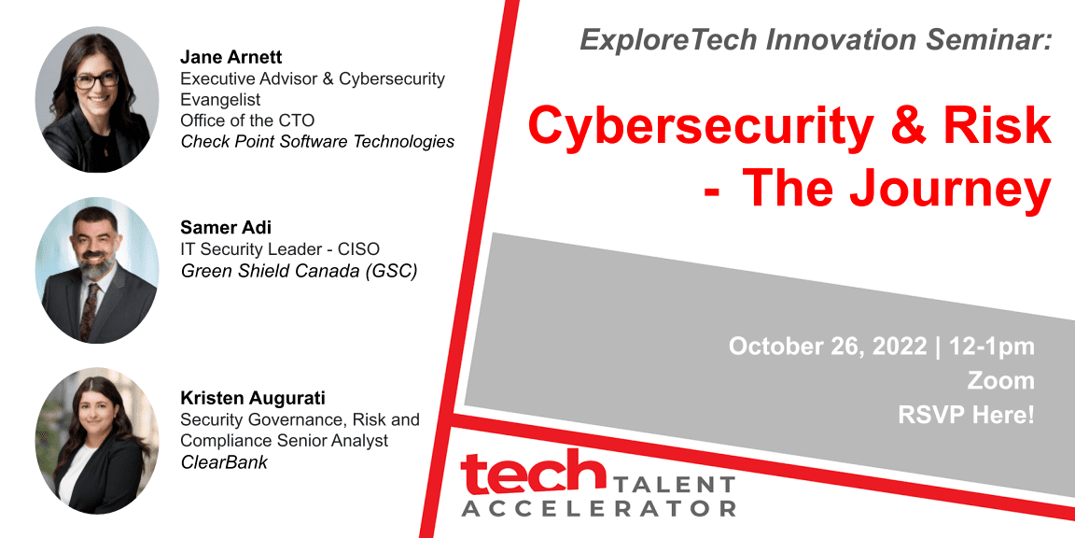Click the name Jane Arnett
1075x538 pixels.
231,56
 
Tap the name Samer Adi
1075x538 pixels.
226,227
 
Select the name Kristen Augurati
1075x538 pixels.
252,398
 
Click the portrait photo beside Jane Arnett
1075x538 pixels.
97,100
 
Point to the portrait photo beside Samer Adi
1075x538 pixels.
97,270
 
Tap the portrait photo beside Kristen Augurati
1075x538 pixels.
97,441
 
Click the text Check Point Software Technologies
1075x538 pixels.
317,142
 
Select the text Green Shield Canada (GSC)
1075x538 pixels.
299,271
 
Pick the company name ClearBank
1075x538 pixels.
224,461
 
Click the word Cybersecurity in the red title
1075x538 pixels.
700,126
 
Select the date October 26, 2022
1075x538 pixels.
828,346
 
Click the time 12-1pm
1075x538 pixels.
991,347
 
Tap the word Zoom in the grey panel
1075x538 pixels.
1001,380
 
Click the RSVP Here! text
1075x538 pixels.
966,415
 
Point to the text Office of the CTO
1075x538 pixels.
247,120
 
